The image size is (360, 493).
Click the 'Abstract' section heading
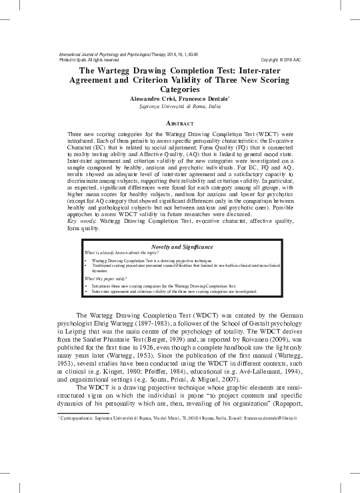point(179,124)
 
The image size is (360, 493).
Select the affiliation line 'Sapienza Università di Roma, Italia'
point(179,106)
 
